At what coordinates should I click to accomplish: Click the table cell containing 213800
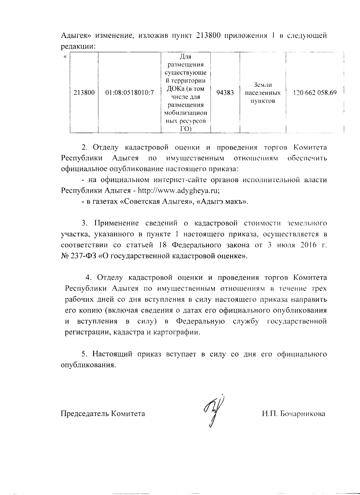click(x=84, y=93)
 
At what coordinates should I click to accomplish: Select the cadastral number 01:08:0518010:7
click(x=130, y=93)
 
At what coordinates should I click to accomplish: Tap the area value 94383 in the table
click(x=225, y=93)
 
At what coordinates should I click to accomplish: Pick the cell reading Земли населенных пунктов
click(x=263, y=93)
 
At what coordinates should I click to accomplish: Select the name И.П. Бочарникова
click(x=293, y=414)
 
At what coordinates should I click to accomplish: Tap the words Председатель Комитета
click(x=103, y=414)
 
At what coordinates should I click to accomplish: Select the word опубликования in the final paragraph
click(x=88, y=365)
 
